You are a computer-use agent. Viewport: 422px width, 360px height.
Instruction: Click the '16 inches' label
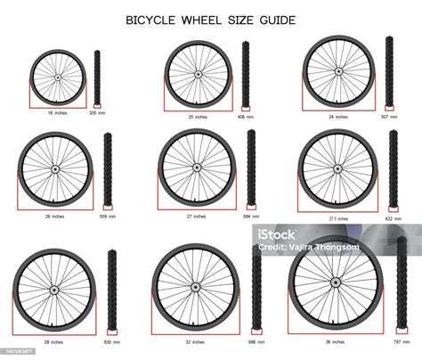pyautogui.click(x=58, y=114)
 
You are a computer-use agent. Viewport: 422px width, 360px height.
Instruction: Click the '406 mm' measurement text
pyautogui.click(x=245, y=117)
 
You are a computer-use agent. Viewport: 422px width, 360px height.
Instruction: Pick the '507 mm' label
pyautogui.click(x=390, y=117)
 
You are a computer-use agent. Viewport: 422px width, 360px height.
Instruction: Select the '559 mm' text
pyautogui.click(x=108, y=217)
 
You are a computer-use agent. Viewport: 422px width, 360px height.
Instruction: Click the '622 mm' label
pyautogui.click(x=393, y=217)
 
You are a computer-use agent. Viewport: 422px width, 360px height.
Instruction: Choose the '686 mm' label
pyautogui.click(x=256, y=342)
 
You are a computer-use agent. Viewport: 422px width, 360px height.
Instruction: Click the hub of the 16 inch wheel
pyautogui.click(x=58, y=78)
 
